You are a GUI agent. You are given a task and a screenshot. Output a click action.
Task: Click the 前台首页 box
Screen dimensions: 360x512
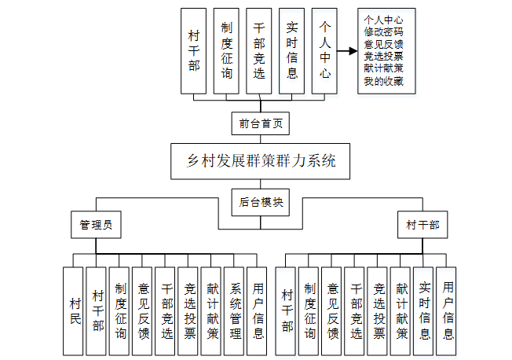click(260, 123)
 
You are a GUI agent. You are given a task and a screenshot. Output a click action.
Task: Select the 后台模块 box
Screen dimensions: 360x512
click(260, 202)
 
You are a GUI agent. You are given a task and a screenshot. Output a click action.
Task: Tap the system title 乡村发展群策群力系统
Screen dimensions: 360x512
click(260, 162)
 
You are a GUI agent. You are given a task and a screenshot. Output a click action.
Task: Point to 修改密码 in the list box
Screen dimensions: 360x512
click(384, 32)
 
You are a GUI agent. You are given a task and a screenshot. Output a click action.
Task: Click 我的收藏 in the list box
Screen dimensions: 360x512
click(384, 81)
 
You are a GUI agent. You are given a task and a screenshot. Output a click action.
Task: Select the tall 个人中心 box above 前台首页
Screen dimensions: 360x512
click(324, 52)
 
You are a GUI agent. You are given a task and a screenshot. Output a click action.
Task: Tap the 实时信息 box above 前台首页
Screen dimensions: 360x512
click(291, 52)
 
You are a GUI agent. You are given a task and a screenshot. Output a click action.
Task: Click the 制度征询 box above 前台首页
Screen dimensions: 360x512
click(226, 52)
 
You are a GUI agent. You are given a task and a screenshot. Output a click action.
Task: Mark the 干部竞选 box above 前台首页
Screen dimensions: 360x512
click(259, 52)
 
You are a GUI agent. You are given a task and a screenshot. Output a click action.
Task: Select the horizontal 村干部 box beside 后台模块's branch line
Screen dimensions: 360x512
click(422, 225)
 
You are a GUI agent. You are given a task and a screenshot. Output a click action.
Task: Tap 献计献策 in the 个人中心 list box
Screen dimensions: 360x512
click(384, 68)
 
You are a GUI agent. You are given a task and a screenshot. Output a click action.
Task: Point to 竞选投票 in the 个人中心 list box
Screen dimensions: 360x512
click(384, 57)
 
